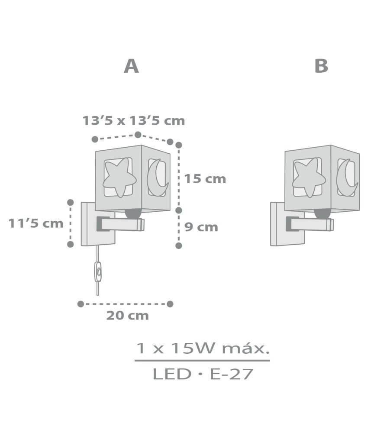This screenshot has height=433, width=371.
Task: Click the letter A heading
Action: tap(131, 66)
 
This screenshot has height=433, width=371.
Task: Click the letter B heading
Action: tap(321, 66)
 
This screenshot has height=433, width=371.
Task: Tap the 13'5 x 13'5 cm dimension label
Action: tap(134, 121)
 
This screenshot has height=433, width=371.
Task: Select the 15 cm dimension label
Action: tap(205, 179)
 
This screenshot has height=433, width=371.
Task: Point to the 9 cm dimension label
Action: tap(201, 227)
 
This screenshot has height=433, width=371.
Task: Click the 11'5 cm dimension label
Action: tap(36, 223)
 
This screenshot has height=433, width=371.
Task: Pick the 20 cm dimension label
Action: tap(128, 316)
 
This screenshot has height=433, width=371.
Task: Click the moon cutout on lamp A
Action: tap(157, 177)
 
